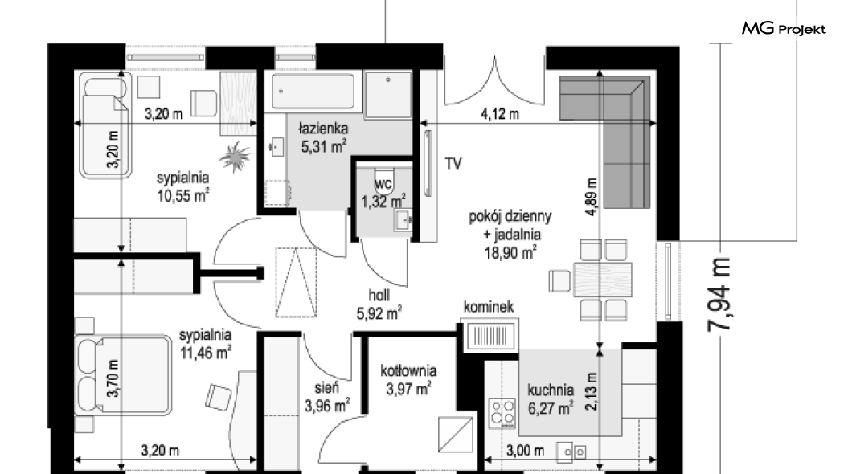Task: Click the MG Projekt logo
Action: coord(784,29)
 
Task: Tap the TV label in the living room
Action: coord(453,163)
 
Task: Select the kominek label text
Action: coord(489,308)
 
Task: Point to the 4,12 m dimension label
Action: coord(500,114)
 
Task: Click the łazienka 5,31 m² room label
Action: coord(323,137)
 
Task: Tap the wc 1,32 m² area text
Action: coord(383,194)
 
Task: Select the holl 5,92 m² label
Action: coord(379,304)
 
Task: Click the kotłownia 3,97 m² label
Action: coord(408,380)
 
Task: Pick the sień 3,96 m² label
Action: coord(326,397)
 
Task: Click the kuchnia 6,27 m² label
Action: coord(551,399)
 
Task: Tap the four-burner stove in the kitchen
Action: coord(502,414)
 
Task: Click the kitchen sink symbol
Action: coord(571,452)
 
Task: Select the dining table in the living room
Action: coord(603,279)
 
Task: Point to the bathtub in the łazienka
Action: coord(313,92)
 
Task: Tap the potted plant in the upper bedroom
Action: coord(235,157)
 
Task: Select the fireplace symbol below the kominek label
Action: coord(490,335)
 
